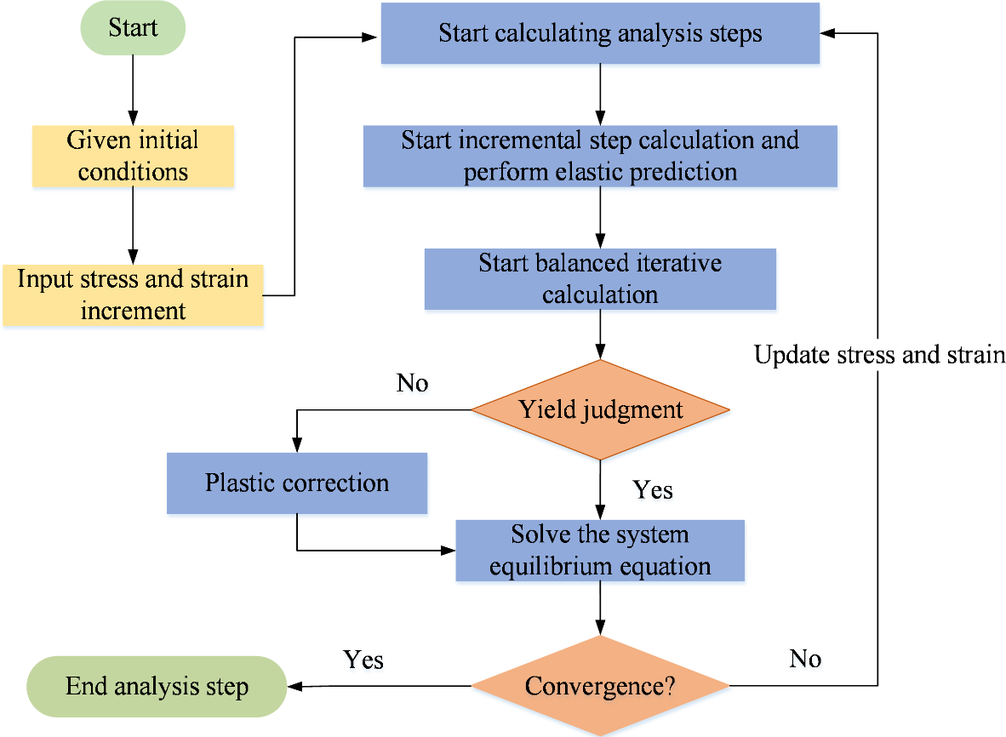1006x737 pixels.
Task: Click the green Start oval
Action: tap(132, 28)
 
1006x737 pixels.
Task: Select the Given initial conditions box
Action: tap(132, 156)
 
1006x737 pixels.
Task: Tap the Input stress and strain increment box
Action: tap(132, 295)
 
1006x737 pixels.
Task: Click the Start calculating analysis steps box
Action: tap(600, 34)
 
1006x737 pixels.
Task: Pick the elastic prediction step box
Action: tap(600, 156)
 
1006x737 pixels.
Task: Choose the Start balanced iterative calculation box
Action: tap(600, 279)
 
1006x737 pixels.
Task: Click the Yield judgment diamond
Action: tap(600, 409)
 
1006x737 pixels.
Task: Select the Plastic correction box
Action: tap(296, 483)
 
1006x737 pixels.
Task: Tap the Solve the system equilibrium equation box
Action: tap(600, 551)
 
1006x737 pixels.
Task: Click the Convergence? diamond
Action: tap(600, 686)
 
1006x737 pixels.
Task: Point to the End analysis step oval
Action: tap(157, 686)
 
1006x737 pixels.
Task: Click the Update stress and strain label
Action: tap(879, 354)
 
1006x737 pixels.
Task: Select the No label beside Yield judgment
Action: tap(412, 383)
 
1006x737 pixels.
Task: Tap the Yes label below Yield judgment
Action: tap(653, 490)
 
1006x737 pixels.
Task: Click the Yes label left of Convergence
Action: tap(363, 660)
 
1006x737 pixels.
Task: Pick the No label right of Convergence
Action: tap(804, 658)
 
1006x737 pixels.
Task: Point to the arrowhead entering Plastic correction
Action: tap(296, 446)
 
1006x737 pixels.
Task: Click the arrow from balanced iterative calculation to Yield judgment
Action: tap(601, 334)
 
